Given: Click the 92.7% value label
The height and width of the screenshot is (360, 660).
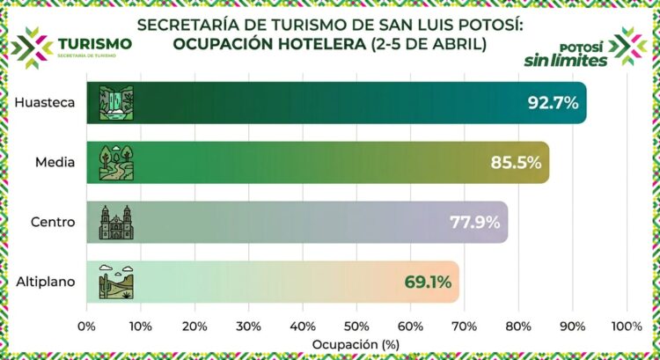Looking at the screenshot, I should click(x=553, y=103).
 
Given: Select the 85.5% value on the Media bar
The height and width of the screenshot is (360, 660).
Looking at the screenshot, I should click(x=516, y=163).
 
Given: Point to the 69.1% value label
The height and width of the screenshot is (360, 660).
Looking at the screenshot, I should click(x=428, y=283).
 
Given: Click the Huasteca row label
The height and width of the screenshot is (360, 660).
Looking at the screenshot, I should click(x=43, y=103).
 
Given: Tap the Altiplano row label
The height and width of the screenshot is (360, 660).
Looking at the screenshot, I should click(x=46, y=283).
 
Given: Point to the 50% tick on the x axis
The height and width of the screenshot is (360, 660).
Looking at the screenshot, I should click(x=356, y=326).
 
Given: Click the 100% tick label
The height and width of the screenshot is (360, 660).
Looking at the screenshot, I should click(x=627, y=326).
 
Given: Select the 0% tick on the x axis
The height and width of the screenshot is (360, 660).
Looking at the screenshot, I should click(x=86, y=326).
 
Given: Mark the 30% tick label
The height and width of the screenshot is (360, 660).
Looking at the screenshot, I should click(x=248, y=326).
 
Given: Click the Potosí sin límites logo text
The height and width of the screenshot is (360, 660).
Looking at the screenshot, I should click(x=578, y=55).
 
